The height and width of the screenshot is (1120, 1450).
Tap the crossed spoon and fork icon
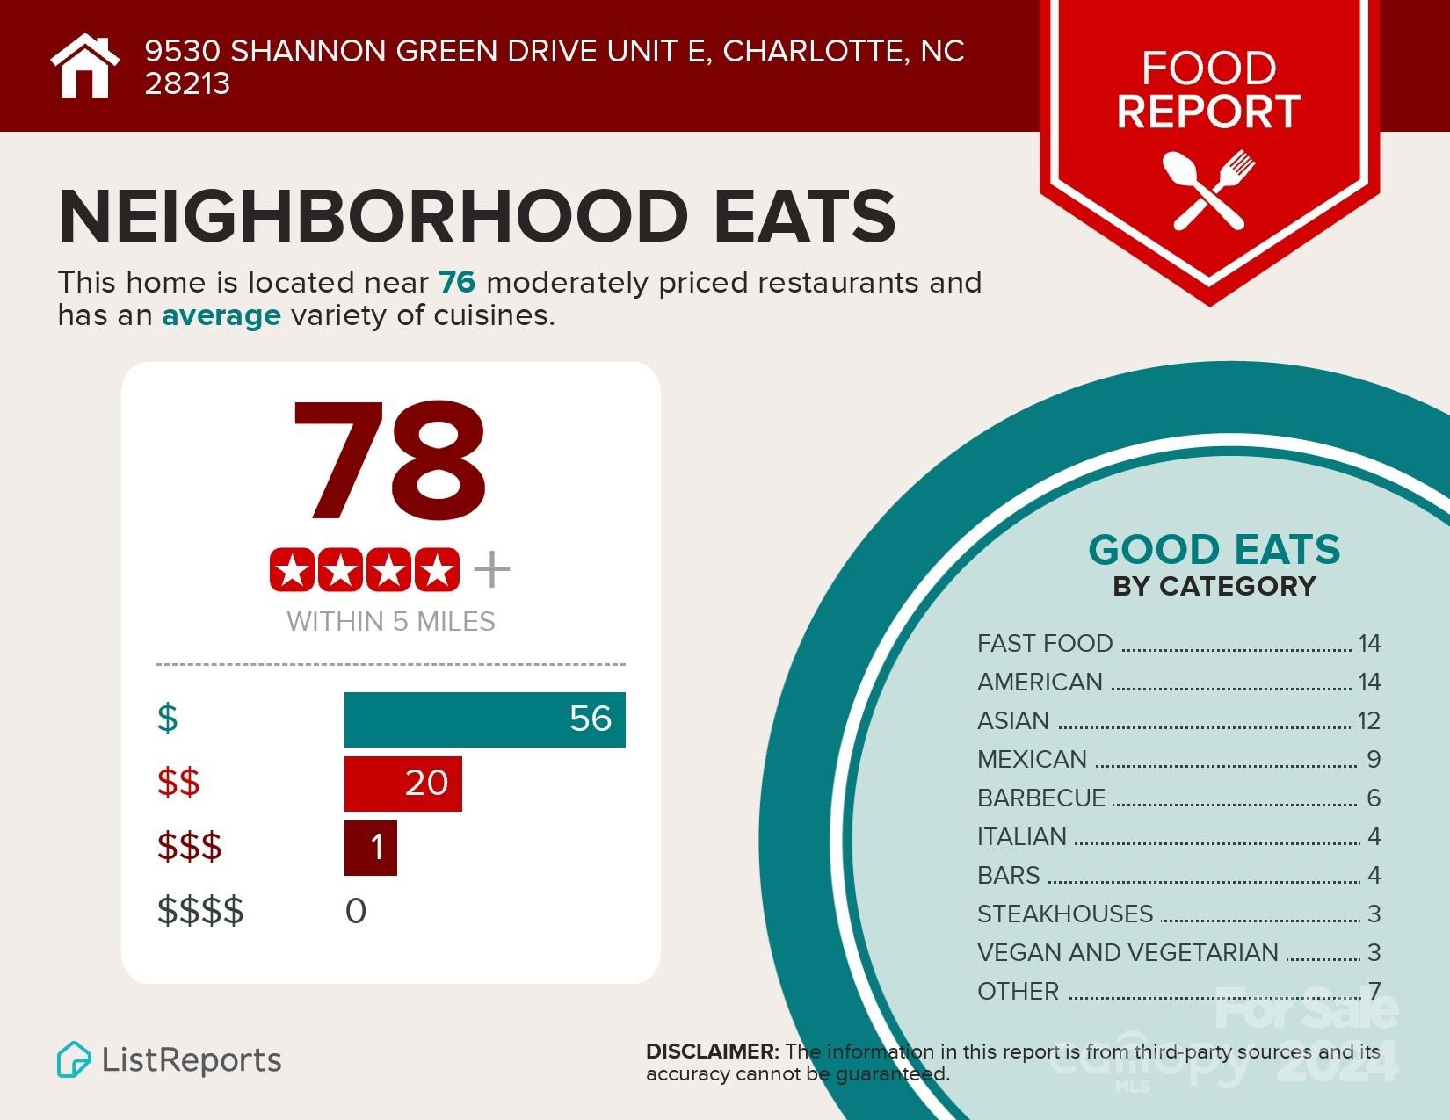pyautogui.click(x=1208, y=190)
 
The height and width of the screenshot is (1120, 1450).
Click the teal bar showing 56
pyautogui.click(x=484, y=719)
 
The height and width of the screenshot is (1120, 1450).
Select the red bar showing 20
pyautogui.click(x=402, y=783)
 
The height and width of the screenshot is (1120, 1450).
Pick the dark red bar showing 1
pyautogui.click(x=370, y=848)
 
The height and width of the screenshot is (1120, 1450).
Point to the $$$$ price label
pyautogui.click(x=200, y=911)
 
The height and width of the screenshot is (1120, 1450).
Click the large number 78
pyautogui.click(x=389, y=461)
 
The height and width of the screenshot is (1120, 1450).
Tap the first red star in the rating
pyautogui.click(x=293, y=571)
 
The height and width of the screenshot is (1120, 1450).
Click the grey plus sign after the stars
pyautogui.click(x=491, y=570)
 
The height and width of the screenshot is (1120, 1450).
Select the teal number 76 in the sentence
pyautogui.click(x=457, y=283)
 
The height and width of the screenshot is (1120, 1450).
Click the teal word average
pyautogui.click(x=221, y=315)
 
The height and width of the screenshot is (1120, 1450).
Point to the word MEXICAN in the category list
pyautogui.click(x=1032, y=759)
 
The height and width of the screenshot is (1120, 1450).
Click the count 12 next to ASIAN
pyautogui.click(x=1368, y=720)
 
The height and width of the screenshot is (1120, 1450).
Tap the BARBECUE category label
pyautogui.click(x=1040, y=798)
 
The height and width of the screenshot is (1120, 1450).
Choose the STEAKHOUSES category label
pyautogui.click(x=1064, y=914)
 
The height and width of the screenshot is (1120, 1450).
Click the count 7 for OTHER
pyautogui.click(x=1374, y=991)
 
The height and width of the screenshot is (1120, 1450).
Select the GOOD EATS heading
pyautogui.click(x=1214, y=550)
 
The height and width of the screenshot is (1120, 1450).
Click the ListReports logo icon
pyautogui.click(x=74, y=1059)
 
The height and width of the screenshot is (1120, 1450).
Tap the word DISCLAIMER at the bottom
pyautogui.click(x=712, y=1051)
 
